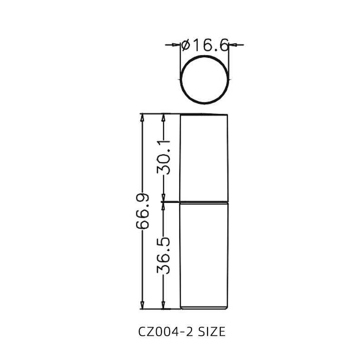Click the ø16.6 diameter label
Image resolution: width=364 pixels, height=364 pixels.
point(205,45)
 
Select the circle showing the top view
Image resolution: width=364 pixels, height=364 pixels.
point(204,80)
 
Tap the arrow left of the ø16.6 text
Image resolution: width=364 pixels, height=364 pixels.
point(176,45)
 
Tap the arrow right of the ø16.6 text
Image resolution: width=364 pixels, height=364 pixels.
point(233,45)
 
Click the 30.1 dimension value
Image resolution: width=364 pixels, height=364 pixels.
point(163,157)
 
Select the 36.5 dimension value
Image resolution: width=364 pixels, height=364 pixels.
point(163,255)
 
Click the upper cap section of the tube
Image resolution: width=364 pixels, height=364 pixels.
point(204,157)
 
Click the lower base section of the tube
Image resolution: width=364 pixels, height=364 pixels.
point(204,255)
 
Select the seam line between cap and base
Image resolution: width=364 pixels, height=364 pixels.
point(204,202)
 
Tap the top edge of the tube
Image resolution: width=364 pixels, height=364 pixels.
point(204,114)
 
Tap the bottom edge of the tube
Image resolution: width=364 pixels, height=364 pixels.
point(204,308)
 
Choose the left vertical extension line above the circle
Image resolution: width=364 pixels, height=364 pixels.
point(181,55)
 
